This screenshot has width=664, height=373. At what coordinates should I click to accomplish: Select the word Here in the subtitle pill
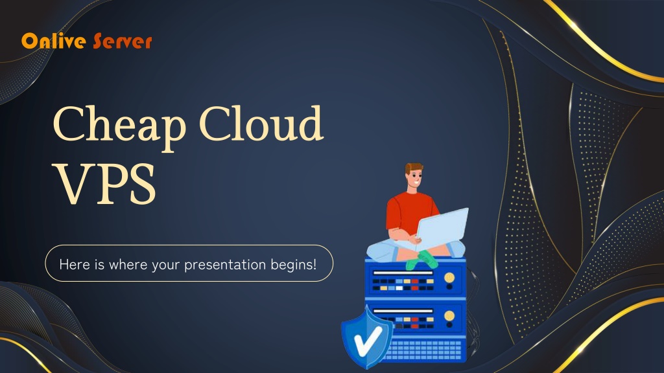pyautogui.click(x=71, y=264)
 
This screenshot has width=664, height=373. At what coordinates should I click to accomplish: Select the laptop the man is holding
pyautogui.click(x=443, y=227)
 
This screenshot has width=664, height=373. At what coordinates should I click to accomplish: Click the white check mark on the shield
pyautogui.click(x=367, y=341)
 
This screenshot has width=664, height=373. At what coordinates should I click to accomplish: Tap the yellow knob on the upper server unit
pyautogui.click(x=449, y=278)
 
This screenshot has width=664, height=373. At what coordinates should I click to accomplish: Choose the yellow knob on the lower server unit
pyautogui.click(x=449, y=315)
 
